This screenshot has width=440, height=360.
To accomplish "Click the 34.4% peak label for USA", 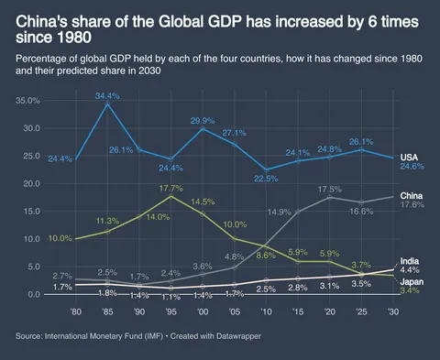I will click(x=108, y=95).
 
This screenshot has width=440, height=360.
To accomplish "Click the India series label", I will click(x=411, y=261).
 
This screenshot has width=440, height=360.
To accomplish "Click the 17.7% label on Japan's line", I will click(x=170, y=188).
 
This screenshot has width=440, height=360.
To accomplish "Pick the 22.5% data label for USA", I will click(x=266, y=179).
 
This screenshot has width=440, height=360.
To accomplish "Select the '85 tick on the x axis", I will click(x=108, y=311).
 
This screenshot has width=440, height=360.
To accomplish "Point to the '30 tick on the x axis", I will click(x=392, y=311).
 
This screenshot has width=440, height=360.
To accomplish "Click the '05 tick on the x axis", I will click(x=235, y=311).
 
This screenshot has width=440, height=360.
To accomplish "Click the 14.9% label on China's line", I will click(x=279, y=213).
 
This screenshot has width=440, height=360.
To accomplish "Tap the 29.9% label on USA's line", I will click(x=202, y=120).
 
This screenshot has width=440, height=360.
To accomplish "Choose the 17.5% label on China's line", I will click(x=329, y=189).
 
